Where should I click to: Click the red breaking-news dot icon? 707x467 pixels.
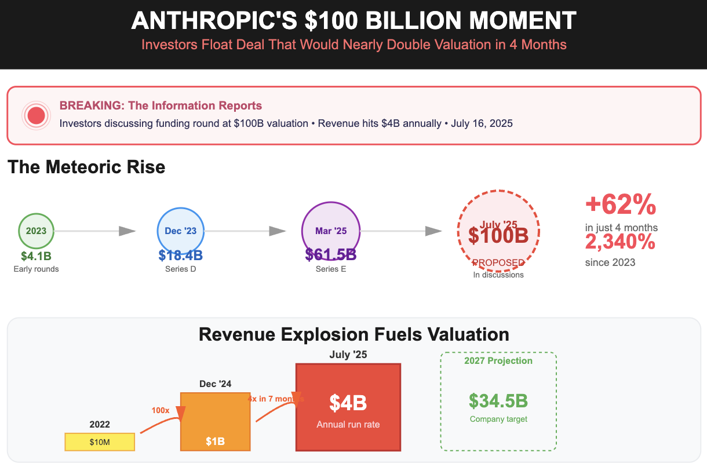pos(37,115)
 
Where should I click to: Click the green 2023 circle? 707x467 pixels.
pos(36,231)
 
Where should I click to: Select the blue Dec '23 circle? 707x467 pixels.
pos(181,231)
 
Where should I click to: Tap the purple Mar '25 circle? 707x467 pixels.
pos(331,231)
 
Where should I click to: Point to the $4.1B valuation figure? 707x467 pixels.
pos(36,256)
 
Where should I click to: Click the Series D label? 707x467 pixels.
pos(181,269)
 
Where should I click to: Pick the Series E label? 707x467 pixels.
pos(331,269)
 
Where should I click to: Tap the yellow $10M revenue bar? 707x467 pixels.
pos(100,442)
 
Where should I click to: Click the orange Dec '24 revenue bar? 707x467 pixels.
pos(215,421)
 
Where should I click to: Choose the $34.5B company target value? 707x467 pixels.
pos(498,401)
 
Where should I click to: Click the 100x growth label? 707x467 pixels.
pos(161,410)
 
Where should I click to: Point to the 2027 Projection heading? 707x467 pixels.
pos(498,361)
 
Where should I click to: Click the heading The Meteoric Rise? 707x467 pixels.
pos(86,167)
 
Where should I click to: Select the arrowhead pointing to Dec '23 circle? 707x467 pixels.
pos(127,231)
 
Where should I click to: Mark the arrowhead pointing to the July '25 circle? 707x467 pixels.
pos(433,231)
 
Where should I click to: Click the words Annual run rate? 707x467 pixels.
pos(348,425)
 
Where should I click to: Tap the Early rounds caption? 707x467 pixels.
pos(36,269)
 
